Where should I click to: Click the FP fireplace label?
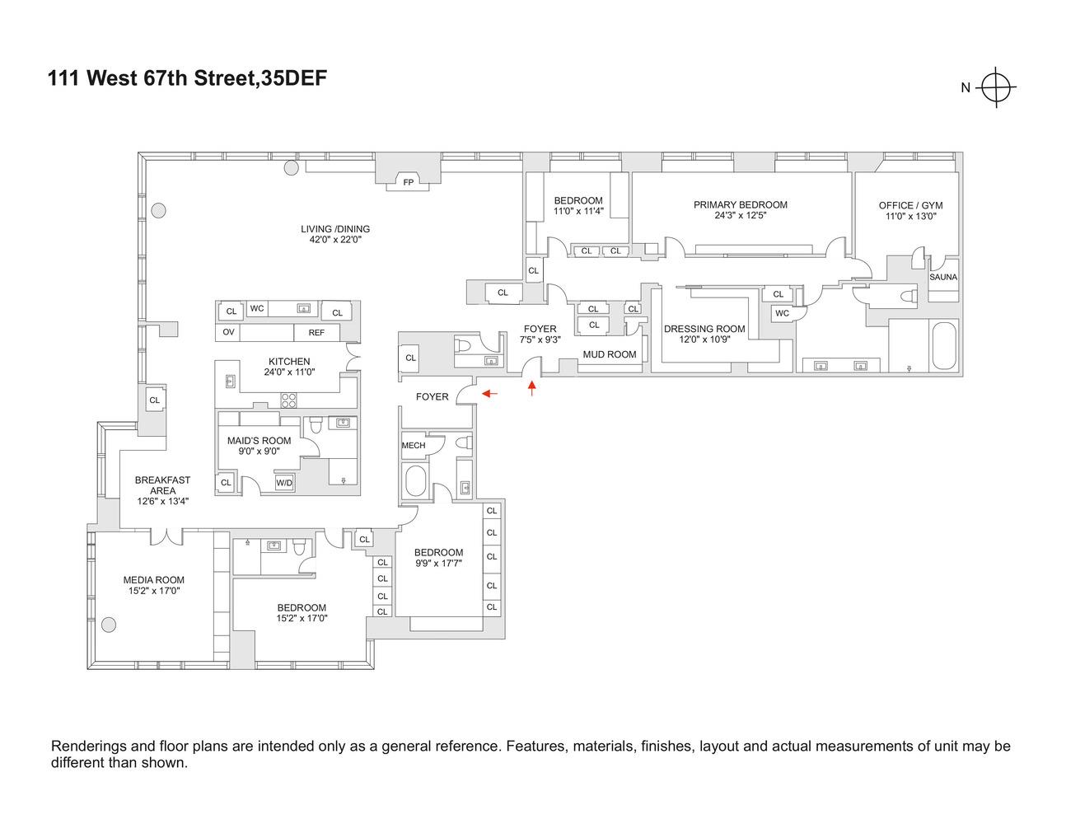click(408, 182)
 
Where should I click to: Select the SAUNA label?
click(943, 277)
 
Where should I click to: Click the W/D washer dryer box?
click(284, 482)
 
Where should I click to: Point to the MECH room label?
click(414, 445)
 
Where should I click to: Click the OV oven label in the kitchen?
click(228, 332)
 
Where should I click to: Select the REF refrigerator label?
click(316, 332)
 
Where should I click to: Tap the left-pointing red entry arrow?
click(489, 394)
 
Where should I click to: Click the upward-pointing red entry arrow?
click(532, 387)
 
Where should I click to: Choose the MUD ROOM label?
click(610, 354)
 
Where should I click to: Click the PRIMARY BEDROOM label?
click(740, 204)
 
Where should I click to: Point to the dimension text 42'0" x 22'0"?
click(335, 240)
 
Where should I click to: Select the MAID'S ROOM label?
click(259, 441)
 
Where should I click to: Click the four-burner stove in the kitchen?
click(289, 400)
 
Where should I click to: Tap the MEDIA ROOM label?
click(154, 579)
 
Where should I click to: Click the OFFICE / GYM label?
click(910, 205)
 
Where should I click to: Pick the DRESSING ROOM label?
click(704, 329)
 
